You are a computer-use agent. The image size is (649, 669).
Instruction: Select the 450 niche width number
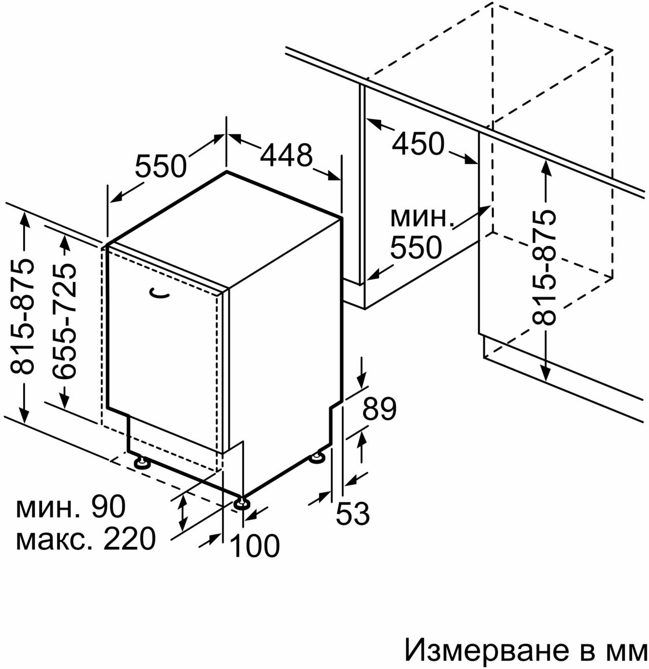[418, 144]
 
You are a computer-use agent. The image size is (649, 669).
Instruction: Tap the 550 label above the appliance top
[161, 166]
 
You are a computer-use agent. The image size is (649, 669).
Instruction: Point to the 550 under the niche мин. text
[416, 248]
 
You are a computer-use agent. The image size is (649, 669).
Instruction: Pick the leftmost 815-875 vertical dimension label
[23, 317]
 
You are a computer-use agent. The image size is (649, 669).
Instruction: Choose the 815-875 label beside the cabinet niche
[545, 268]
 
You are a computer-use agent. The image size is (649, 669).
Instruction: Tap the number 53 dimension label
[353, 514]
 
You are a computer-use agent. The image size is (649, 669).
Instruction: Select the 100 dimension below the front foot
[255, 546]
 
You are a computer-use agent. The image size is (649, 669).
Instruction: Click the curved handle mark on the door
[160, 293]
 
